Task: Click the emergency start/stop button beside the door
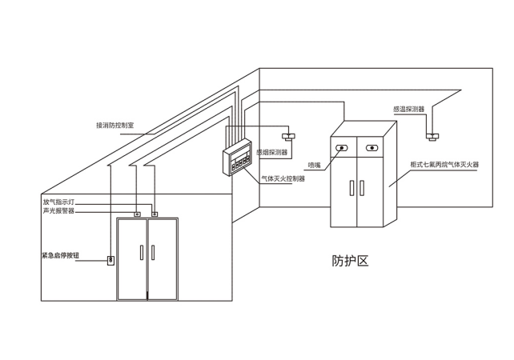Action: point(110,259)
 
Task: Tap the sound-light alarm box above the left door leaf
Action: point(138,214)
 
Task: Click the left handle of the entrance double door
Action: point(141,253)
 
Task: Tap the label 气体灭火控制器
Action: point(284,178)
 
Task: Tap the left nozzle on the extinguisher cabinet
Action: point(343,148)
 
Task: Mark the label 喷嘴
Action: point(315,165)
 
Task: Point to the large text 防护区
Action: point(350,260)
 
